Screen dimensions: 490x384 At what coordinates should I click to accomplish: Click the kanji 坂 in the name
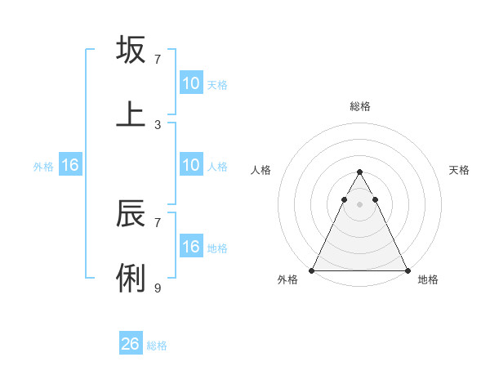pyautogui.click(x=131, y=50)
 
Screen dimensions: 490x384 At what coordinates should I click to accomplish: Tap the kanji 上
pyautogui.click(x=131, y=114)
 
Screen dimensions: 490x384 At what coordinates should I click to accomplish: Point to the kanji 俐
pyautogui.click(x=131, y=278)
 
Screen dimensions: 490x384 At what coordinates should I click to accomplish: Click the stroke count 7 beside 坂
pyautogui.click(x=158, y=60)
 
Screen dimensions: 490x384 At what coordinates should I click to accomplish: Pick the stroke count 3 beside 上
pyautogui.click(x=158, y=124)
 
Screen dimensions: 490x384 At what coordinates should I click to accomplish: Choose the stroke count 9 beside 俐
pyautogui.click(x=158, y=288)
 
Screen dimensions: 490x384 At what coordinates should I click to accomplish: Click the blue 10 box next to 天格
pyautogui.click(x=191, y=83)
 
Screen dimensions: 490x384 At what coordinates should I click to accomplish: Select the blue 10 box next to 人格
pyautogui.click(x=191, y=165)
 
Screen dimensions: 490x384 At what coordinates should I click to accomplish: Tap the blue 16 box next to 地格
pyautogui.click(x=191, y=247)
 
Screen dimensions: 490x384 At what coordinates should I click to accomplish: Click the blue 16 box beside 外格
pyautogui.click(x=70, y=165)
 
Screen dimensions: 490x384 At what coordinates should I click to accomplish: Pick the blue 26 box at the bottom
pyautogui.click(x=131, y=344)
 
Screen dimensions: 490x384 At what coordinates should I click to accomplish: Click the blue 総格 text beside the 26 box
pyautogui.click(x=157, y=346)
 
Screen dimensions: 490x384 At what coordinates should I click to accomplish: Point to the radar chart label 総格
pyautogui.click(x=359, y=106)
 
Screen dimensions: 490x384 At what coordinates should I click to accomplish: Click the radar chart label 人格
pyautogui.click(x=261, y=170)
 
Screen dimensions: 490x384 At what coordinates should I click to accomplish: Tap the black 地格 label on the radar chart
pyautogui.click(x=428, y=280)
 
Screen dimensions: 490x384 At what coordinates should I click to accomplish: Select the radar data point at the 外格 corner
pyautogui.click(x=312, y=270)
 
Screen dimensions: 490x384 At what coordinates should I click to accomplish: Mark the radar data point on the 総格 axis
pyautogui.click(x=359, y=172)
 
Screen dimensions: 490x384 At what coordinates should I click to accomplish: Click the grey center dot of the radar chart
pyautogui.click(x=359, y=204)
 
